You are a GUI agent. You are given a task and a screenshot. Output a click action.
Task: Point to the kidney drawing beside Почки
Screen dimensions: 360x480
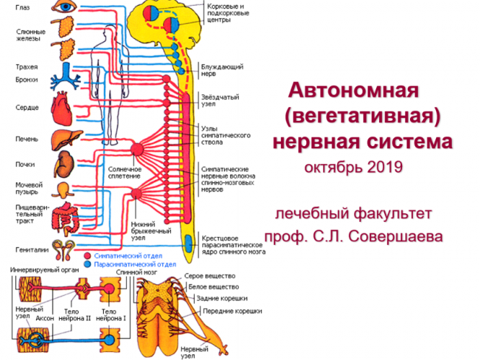tap(64, 163)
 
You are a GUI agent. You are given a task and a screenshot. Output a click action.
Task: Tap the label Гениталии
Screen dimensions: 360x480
tap(29, 249)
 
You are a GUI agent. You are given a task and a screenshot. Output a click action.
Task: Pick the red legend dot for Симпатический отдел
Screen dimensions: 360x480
tap(86, 256)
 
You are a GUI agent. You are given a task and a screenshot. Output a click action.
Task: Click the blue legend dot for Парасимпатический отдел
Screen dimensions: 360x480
tap(86, 264)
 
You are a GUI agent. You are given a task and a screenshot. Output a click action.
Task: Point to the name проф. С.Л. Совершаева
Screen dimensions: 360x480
tap(353, 235)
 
